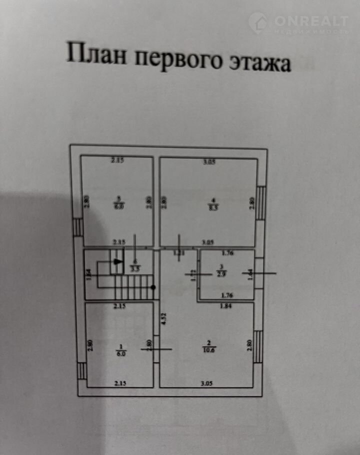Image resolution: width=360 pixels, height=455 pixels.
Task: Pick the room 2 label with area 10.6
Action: pos(207,346)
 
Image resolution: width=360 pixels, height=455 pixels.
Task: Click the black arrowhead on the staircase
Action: pos(117,260)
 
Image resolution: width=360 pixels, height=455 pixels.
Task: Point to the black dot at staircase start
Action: pos(153,287)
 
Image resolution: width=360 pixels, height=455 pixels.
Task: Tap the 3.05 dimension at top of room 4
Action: pos(209,161)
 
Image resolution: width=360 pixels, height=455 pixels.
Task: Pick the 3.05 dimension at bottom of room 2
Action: pos(207,384)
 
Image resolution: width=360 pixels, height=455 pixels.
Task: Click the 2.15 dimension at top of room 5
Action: pos(116,160)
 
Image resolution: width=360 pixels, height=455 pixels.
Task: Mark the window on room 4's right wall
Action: pos(261,202)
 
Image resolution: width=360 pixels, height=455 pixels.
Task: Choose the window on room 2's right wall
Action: pos(257,346)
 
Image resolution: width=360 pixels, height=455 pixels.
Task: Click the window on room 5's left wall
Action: pos(78,227)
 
